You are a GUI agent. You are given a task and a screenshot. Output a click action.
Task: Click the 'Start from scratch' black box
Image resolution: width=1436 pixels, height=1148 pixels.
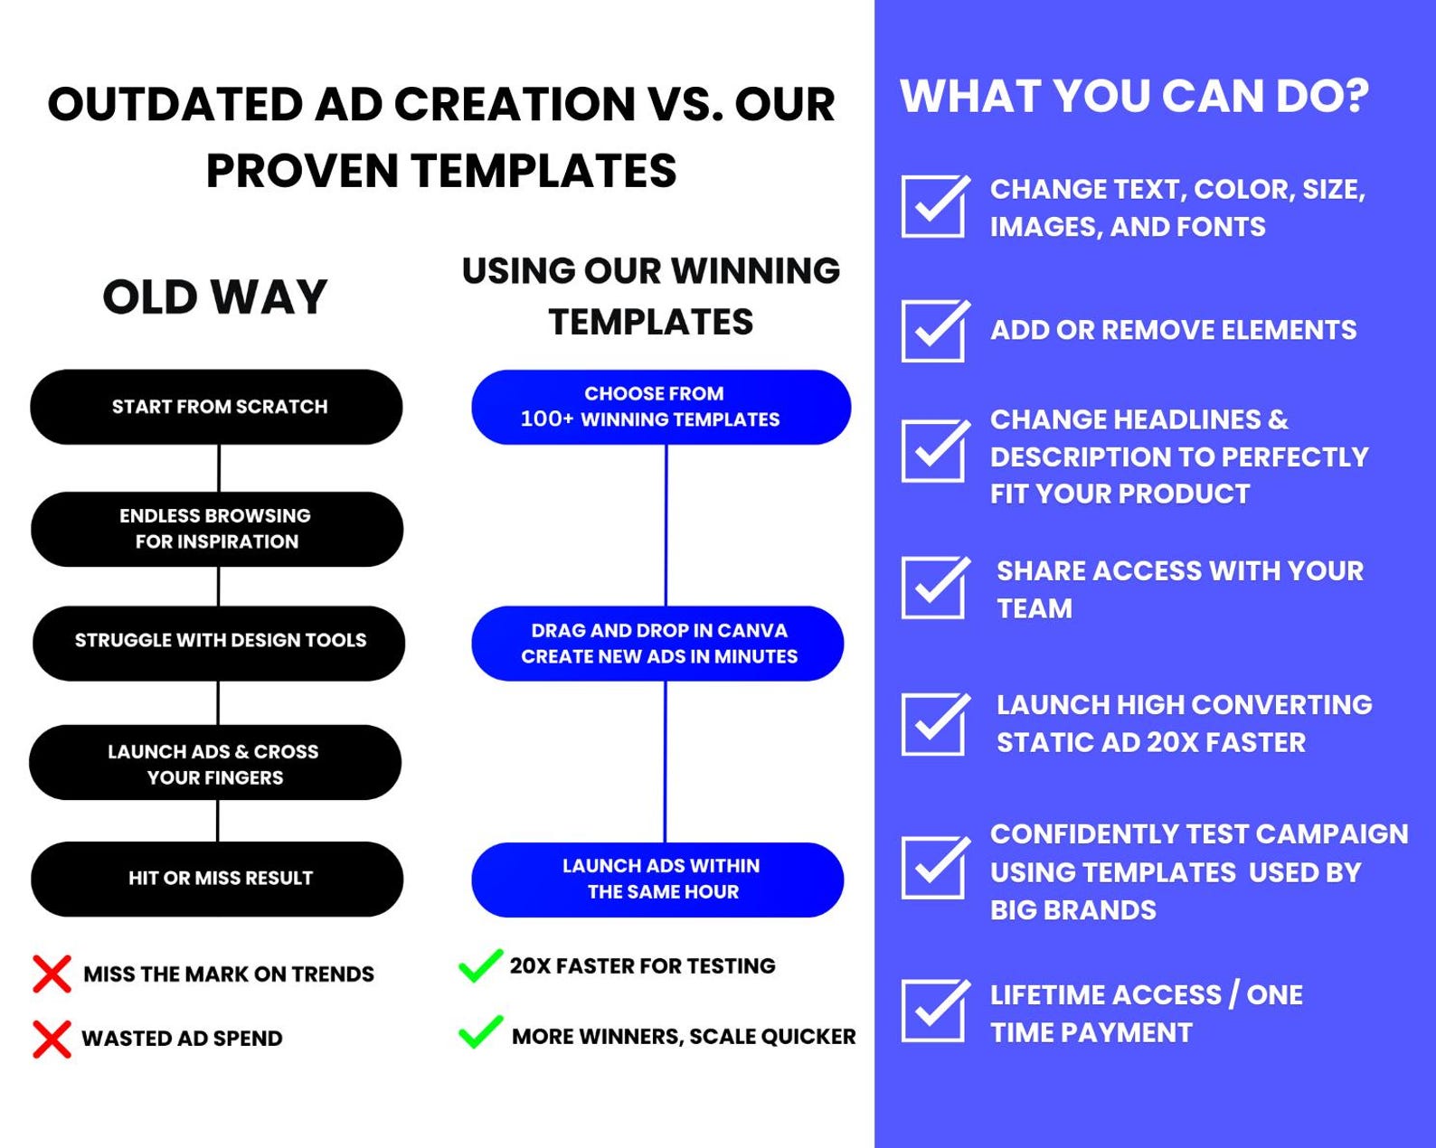click(x=217, y=407)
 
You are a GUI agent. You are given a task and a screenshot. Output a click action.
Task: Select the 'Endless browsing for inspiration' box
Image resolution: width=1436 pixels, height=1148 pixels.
click(x=217, y=529)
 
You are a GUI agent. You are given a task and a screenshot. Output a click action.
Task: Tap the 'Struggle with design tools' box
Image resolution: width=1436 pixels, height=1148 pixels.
click(x=219, y=643)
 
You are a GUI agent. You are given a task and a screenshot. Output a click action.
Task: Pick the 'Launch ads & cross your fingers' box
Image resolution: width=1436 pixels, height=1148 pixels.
click(x=215, y=762)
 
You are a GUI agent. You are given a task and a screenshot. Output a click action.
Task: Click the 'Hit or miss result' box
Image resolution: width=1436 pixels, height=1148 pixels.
click(x=217, y=879)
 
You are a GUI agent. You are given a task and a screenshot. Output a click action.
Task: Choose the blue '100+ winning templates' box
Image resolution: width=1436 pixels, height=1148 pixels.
click(x=660, y=407)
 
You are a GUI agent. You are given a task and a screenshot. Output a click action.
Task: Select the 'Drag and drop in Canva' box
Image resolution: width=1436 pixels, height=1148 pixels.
click(x=657, y=643)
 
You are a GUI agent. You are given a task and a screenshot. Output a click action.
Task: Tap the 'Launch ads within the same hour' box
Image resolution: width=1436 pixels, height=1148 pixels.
click(x=657, y=880)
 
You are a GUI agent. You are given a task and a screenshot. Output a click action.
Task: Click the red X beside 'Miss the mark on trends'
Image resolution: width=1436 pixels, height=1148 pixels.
click(x=52, y=974)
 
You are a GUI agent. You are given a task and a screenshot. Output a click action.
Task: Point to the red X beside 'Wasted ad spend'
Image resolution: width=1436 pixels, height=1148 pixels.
click(x=52, y=1039)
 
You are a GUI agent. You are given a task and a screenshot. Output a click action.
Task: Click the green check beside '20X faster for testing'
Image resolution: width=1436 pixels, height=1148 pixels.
click(x=480, y=965)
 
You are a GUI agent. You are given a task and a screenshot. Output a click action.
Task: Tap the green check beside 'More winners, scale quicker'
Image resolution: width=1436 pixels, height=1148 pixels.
click(x=480, y=1031)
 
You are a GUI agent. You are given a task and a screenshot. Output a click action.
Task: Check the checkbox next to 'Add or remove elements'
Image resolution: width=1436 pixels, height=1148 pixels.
click(x=934, y=331)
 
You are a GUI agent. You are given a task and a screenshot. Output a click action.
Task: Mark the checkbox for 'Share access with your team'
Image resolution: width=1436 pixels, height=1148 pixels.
click(x=934, y=588)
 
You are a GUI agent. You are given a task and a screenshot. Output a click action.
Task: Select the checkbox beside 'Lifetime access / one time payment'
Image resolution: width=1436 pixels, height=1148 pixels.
click(x=934, y=1010)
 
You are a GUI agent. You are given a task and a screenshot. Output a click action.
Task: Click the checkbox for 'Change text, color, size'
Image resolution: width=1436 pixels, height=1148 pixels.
click(x=934, y=206)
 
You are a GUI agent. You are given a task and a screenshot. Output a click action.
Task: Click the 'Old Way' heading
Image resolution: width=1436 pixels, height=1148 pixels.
click(x=214, y=297)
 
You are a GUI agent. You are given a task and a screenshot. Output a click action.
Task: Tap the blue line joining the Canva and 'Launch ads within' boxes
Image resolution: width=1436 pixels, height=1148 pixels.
click(x=665, y=761)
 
